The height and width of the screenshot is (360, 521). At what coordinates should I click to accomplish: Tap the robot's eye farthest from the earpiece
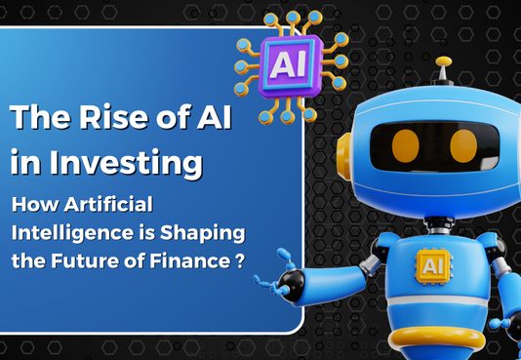(464, 145)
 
